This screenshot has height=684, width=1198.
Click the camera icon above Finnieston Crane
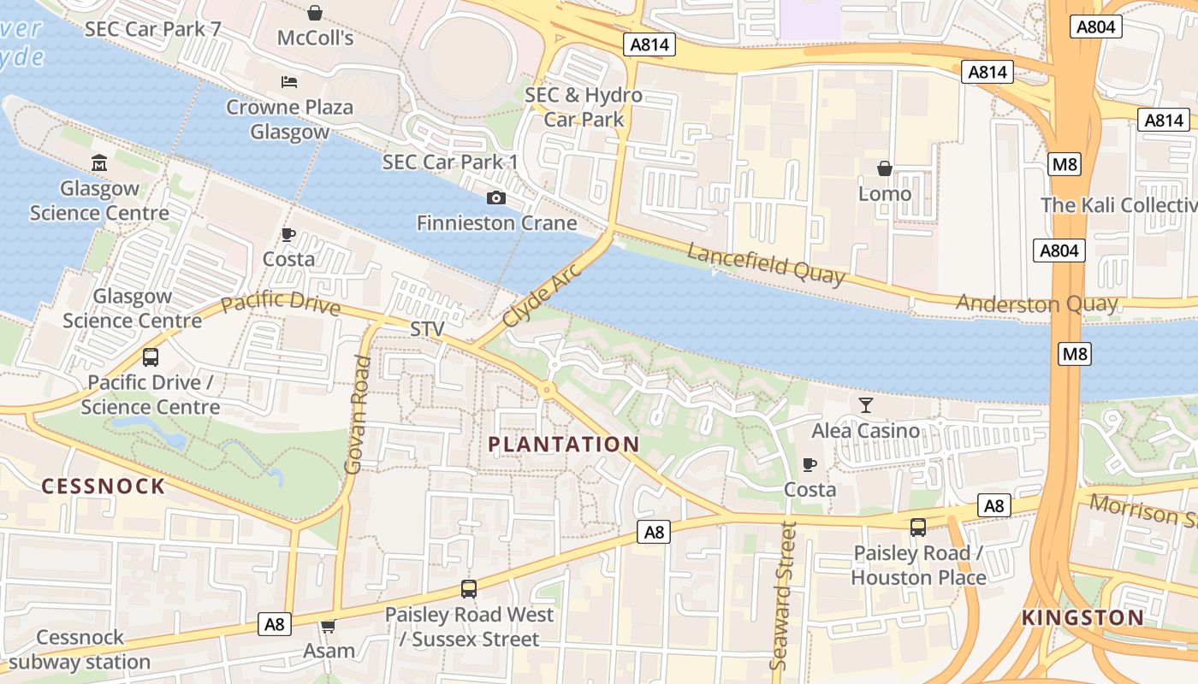(x=495, y=198)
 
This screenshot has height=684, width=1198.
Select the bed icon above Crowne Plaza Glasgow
(x=289, y=82)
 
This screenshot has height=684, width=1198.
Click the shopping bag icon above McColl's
(x=315, y=13)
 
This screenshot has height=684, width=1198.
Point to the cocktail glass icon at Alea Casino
(x=866, y=405)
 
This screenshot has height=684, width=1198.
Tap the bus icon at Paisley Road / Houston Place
(x=918, y=528)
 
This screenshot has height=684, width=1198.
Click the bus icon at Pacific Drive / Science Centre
(x=151, y=357)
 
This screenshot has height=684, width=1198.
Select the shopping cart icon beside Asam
(x=328, y=627)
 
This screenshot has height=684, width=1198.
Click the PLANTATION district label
(x=564, y=445)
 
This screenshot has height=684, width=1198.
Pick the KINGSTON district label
(x=1082, y=618)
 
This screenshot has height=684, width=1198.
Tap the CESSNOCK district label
(x=104, y=486)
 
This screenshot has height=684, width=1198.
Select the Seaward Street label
(x=783, y=596)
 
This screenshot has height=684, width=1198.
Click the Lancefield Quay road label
(x=765, y=263)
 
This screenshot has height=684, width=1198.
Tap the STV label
(x=428, y=329)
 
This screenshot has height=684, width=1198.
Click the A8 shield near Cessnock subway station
(x=274, y=624)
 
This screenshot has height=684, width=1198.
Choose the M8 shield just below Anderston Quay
(x=1075, y=353)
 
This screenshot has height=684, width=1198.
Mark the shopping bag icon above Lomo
(x=885, y=168)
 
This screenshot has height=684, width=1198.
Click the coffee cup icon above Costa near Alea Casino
(x=810, y=464)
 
